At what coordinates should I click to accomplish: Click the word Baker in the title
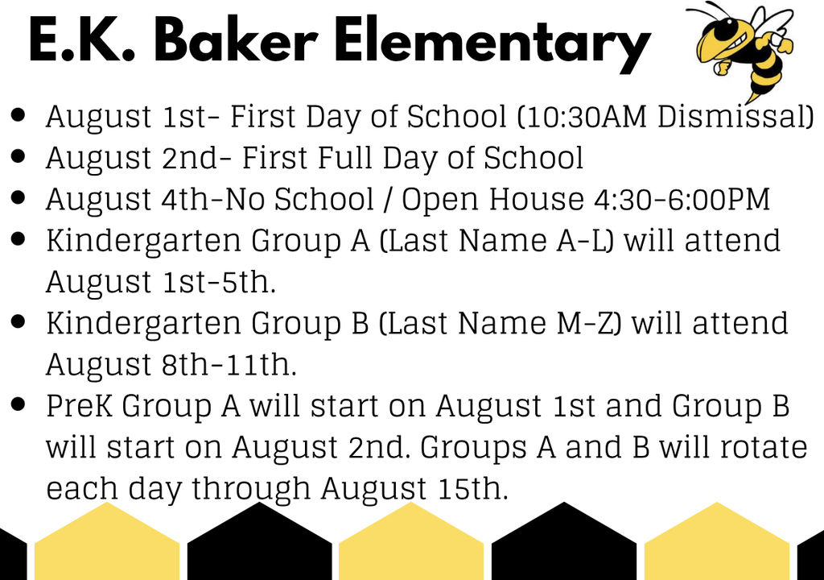[x=235, y=40]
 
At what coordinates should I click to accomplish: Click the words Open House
[x=493, y=200]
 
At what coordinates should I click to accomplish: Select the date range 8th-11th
[x=229, y=364]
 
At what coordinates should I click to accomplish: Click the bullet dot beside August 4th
[x=18, y=198]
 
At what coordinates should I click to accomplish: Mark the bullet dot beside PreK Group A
[x=18, y=404]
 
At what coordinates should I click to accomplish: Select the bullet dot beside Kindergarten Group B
[x=18, y=321]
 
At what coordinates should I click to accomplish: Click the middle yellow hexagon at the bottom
[x=411, y=542]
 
